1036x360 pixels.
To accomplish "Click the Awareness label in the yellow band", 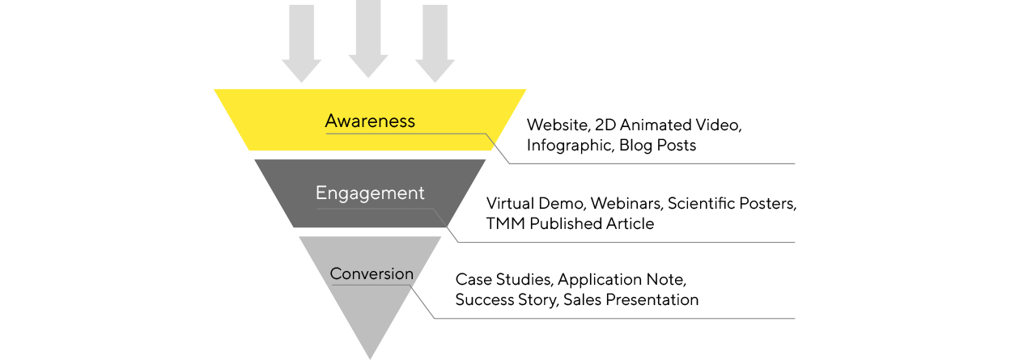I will tap(370, 121).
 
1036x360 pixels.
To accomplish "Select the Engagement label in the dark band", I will tap(370, 193).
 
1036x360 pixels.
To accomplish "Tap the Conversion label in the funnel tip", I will tap(372, 274).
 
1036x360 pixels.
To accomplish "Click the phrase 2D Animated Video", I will tap(668, 125).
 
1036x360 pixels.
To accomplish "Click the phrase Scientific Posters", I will tap(732, 204).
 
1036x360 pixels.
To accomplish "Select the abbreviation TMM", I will tap(506, 224).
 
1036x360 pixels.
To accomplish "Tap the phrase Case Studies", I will tap(503, 280).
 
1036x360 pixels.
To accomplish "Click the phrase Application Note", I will tap(622, 280).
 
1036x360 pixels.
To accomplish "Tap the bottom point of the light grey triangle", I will tap(370, 356).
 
